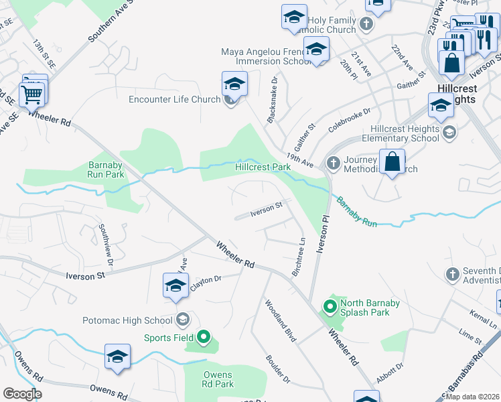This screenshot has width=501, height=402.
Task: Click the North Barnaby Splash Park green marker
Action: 330,308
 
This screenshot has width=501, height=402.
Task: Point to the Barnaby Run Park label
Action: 106,170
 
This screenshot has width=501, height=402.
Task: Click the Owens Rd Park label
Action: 218,379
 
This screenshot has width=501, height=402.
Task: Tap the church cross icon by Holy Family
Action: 366,25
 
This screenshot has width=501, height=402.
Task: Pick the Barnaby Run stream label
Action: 356,211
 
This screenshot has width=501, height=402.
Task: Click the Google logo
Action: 23,394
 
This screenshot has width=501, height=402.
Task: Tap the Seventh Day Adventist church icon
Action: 451,274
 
